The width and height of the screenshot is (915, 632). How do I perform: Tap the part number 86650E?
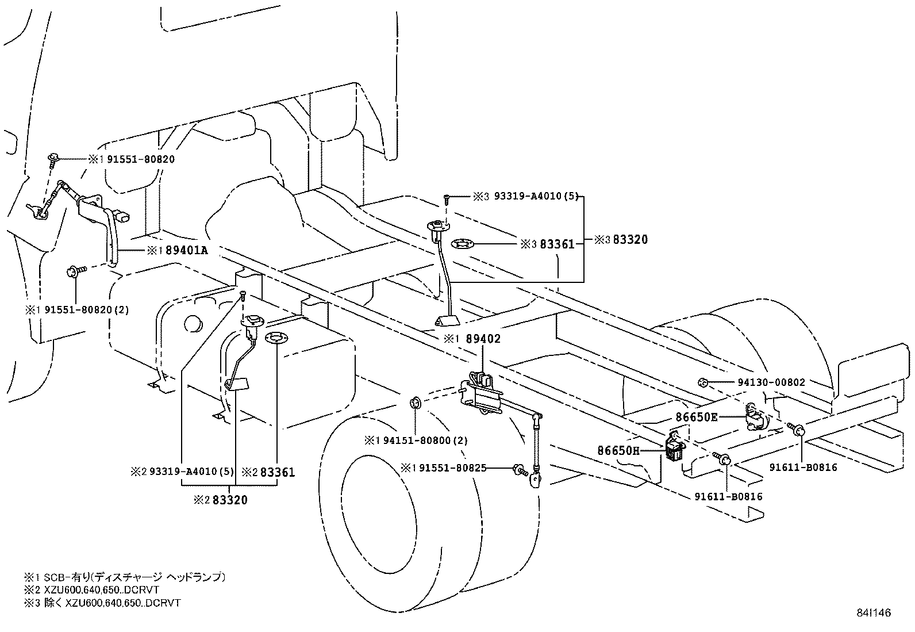pyautogui.click(x=697, y=417)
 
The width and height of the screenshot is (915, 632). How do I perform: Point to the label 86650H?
pyautogui.click(x=618, y=450)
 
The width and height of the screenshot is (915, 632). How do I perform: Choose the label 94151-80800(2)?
pyautogui.click(x=417, y=441)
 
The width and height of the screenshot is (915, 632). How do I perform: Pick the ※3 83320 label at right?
pyautogui.click(x=621, y=240)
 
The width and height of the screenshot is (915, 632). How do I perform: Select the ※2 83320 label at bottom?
pyautogui.click(x=221, y=500)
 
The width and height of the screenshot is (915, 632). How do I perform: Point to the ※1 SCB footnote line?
pyautogui.click(x=124, y=577)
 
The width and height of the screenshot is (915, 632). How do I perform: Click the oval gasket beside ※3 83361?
pyautogui.click(x=463, y=244)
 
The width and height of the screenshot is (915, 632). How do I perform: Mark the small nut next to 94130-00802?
pyautogui.click(x=702, y=382)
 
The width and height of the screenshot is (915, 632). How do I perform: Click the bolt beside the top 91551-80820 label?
pyautogui.click(x=53, y=159)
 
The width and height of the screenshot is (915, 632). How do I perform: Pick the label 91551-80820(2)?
pyautogui.click(x=77, y=309)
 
